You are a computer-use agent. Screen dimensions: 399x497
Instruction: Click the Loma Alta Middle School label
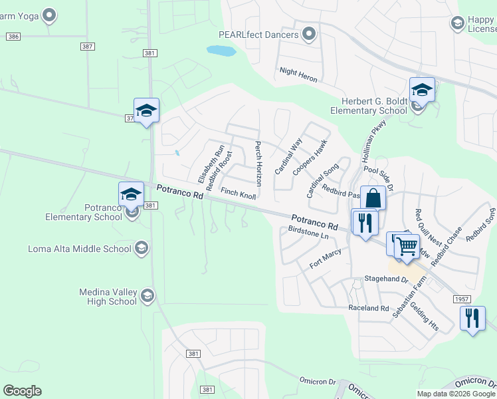pyautogui.click(x=80, y=249)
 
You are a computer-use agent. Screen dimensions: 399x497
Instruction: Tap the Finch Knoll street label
pyautogui.click(x=238, y=194)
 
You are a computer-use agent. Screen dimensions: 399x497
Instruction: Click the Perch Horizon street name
pyautogui.click(x=258, y=164)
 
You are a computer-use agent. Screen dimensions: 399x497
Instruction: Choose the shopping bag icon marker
pyautogui.click(x=373, y=198)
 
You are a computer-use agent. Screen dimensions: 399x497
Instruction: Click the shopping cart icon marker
pyautogui.click(x=407, y=245)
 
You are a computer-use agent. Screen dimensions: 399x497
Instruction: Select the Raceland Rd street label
pyautogui.click(x=369, y=309)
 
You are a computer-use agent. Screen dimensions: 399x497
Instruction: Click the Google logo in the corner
pyautogui.click(x=22, y=391)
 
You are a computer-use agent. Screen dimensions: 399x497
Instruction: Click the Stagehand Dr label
pyautogui.click(x=385, y=280)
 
